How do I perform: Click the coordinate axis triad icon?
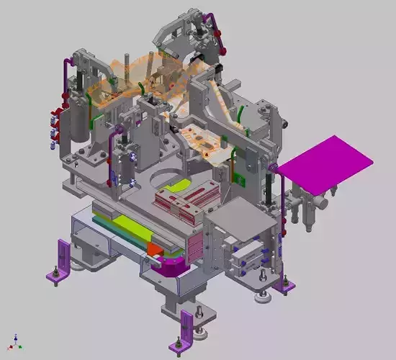coord(17,341)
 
